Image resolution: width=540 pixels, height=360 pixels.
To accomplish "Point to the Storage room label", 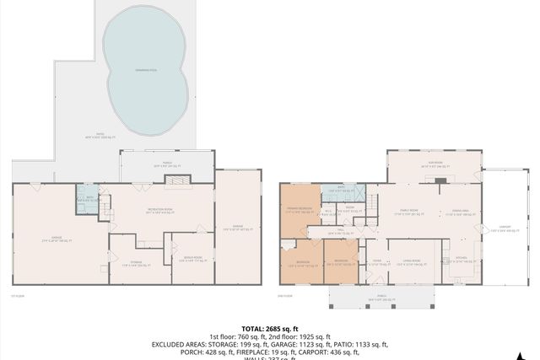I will pyautogui.click(x=131, y=264).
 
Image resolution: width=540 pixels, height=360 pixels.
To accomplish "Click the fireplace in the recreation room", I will pyautogui.click(x=179, y=180).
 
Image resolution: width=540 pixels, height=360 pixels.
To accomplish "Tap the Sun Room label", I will pyautogui.click(x=433, y=166).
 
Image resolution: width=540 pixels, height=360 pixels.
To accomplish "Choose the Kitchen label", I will pyautogui.click(x=461, y=259).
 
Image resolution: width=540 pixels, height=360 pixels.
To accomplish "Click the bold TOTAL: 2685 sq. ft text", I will pyautogui.click(x=269, y=328).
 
